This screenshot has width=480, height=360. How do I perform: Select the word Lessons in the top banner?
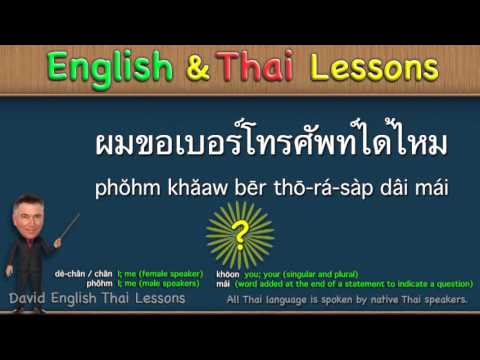pyautogui.click(x=374, y=67)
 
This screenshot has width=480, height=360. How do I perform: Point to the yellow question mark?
pyautogui.click(x=240, y=235)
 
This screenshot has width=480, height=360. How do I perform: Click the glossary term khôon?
pyautogui.click(x=228, y=273)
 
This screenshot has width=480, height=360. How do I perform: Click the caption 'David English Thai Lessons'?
pyautogui.click(x=96, y=298)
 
